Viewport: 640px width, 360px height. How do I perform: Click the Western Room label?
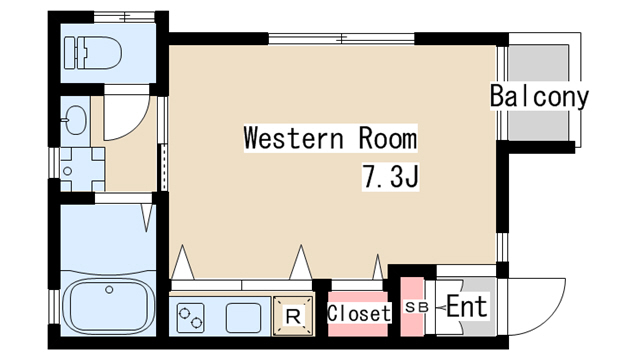[330, 138]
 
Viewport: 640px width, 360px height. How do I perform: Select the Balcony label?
[539, 97]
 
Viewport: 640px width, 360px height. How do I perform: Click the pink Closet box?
[358, 313]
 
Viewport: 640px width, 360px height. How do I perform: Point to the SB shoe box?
[416, 307]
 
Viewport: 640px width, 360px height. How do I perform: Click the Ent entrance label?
[466, 307]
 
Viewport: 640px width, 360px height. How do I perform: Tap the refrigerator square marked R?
[294, 317]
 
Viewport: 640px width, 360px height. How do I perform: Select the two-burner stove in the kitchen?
[191, 318]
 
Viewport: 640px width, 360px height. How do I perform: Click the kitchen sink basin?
[245, 318]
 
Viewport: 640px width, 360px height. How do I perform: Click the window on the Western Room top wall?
[341, 39]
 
